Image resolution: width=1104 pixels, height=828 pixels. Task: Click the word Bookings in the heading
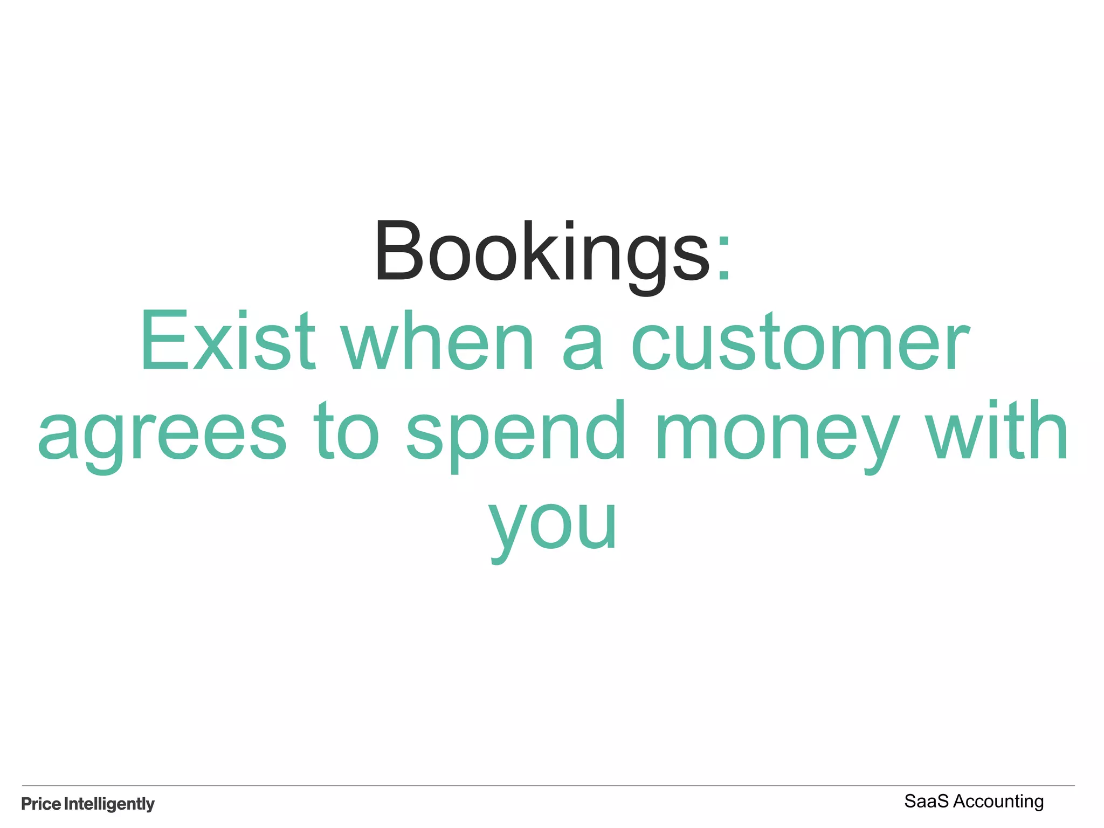pos(542,252)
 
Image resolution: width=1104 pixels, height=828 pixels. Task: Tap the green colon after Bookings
pos(723,259)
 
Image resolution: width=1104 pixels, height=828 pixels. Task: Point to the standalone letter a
pos(583,348)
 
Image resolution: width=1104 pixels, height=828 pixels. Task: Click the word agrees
pos(162,434)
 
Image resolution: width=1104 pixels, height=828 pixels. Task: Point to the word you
pos(552,526)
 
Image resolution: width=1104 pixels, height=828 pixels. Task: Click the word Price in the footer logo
pos(41,804)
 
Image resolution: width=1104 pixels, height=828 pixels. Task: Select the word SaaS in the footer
pos(926,802)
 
